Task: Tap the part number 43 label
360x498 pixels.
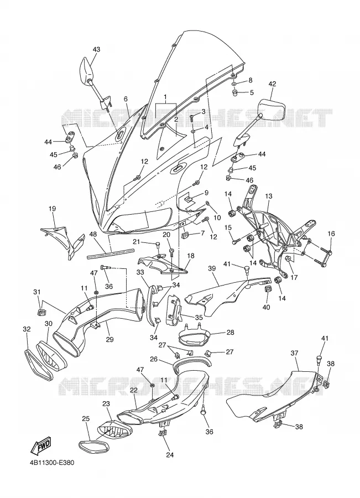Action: click(x=96, y=49)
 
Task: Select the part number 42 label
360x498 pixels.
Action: click(x=272, y=84)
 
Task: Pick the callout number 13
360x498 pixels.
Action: click(x=269, y=196)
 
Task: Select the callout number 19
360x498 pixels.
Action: click(x=53, y=209)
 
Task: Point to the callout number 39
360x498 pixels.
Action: click(x=212, y=268)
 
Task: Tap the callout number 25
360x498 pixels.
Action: click(x=86, y=419)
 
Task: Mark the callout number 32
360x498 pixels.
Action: click(x=27, y=329)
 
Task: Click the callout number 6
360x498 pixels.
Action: click(x=126, y=99)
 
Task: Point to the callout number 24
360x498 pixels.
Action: click(x=170, y=455)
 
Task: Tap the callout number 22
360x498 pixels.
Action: click(x=133, y=390)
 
